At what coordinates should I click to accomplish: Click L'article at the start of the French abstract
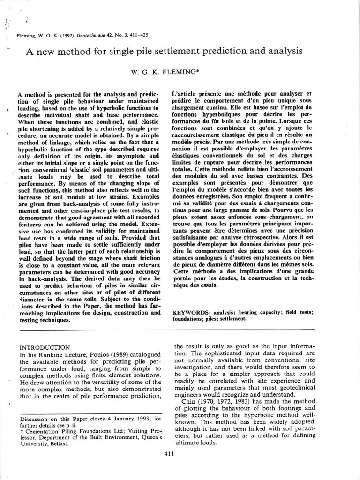(x=186, y=94)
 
